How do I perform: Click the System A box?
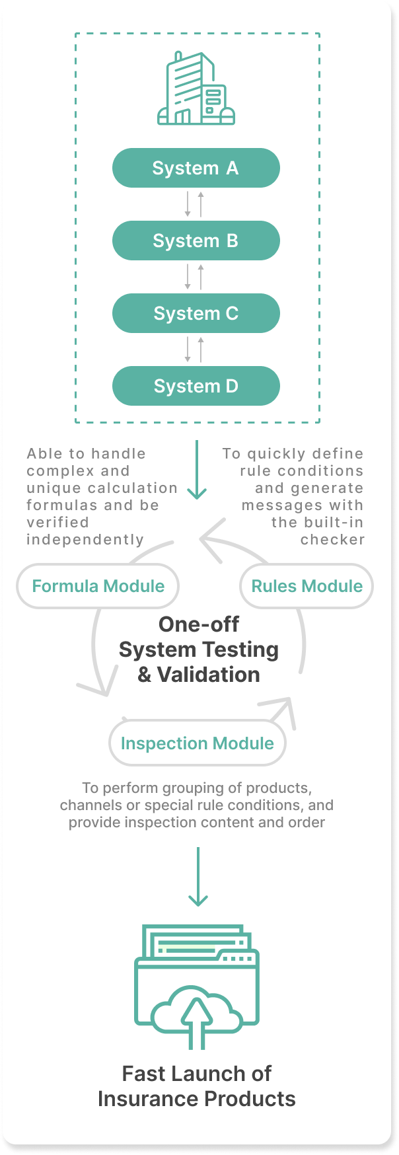tap(196, 168)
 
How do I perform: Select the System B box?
tap(196, 241)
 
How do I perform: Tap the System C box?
tap(196, 313)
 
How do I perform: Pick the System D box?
tap(196, 386)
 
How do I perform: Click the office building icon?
tap(196, 88)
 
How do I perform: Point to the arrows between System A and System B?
tap(194, 204)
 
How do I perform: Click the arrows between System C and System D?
tap(194, 350)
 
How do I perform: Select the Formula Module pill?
tap(98, 586)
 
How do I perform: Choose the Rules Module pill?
tap(307, 586)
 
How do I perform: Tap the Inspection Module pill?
tap(197, 743)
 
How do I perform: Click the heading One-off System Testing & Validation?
tap(199, 650)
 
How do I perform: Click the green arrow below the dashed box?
tap(197, 470)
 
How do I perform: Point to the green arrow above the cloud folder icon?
tap(198, 877)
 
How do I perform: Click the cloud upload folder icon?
tap(197, 987)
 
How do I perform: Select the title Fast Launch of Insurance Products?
tap(197, 1086)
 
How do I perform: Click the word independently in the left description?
tap(85, 540)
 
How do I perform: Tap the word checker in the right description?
tap(332, 540)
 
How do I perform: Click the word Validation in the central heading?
tap(208, 675)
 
